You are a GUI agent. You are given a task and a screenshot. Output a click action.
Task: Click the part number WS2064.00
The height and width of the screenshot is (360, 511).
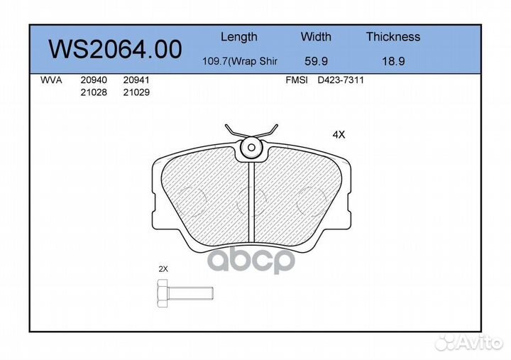coord(115,49)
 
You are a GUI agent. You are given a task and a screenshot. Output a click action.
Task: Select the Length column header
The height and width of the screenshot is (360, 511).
coord(239,37)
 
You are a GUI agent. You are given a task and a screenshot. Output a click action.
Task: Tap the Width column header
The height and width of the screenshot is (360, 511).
coord(316,36)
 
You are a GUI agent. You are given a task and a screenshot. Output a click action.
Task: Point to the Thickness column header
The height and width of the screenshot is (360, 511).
coord(393,36)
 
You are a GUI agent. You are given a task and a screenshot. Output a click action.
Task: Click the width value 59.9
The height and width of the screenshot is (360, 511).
coord(316,61)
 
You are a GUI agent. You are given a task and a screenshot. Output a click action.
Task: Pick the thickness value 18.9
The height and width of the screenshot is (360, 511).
coord(393,61)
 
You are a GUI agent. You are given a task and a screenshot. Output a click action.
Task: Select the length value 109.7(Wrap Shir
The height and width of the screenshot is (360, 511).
coord(240,61)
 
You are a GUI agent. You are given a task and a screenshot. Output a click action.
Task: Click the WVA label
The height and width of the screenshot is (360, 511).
coord(51,80)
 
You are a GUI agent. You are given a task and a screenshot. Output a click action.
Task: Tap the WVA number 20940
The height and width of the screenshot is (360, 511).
coord(94,80)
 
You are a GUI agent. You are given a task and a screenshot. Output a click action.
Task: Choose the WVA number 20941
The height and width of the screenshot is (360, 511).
coord(136,80)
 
